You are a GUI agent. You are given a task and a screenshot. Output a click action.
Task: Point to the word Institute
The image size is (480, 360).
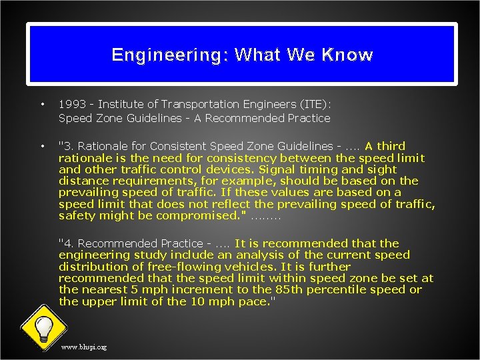124,105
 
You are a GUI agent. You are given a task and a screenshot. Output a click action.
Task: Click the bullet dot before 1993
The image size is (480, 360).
42,105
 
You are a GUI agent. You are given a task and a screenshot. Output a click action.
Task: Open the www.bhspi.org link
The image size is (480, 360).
83,347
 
